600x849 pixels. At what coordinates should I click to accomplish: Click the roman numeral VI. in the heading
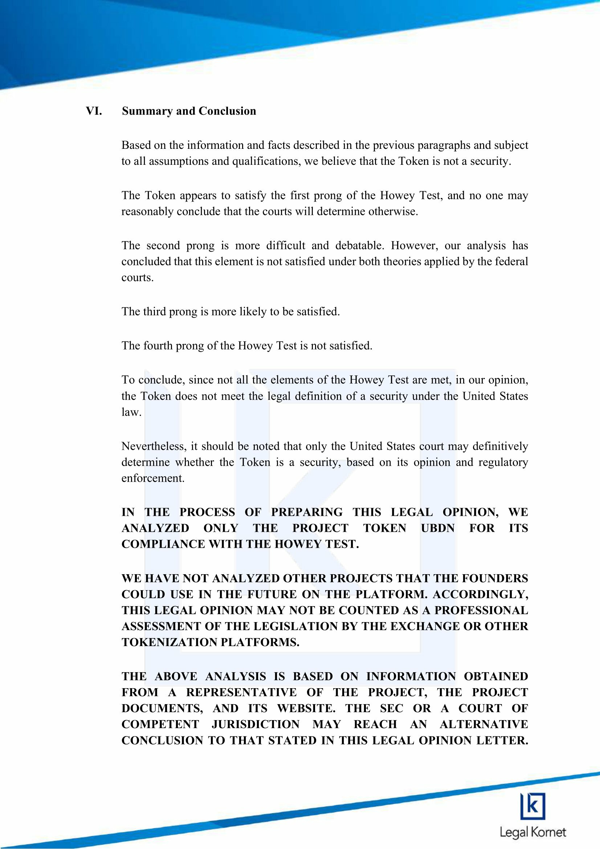[94, 111]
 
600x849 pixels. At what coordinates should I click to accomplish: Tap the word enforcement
[153, 478]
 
